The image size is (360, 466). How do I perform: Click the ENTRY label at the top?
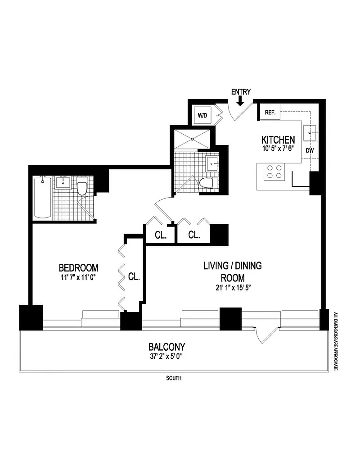(241, 92)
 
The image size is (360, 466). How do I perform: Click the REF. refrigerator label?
(270, 112)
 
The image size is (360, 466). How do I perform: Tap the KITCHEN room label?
(278, 140)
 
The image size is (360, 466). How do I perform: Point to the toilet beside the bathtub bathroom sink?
(82, 188)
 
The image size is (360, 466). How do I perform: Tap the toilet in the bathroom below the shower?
(207, 183)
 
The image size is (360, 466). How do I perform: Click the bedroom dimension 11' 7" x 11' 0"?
(77, 277)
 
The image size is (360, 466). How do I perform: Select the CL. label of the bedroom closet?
(134, 276)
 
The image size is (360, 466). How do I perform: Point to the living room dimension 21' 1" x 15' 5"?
(232, 288)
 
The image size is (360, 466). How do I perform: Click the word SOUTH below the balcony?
(173, 379)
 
